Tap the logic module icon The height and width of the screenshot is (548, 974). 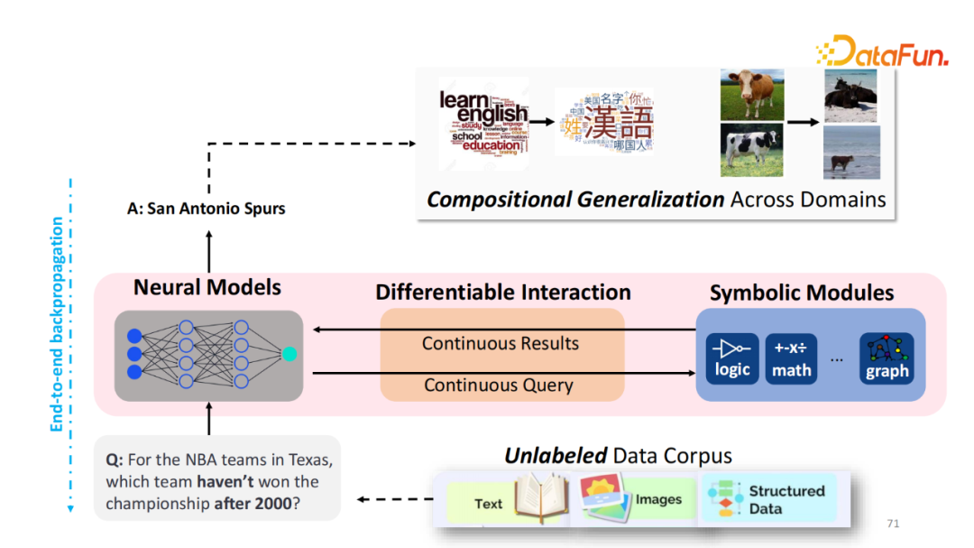732,358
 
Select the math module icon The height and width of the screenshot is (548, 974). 791,358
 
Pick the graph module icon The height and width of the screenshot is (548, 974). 887,358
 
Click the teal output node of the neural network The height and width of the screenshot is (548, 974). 289,355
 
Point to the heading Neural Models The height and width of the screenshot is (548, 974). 207,288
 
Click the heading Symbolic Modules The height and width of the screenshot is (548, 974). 802,293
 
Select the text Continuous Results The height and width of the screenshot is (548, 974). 501,343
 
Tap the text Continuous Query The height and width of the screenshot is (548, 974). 499,385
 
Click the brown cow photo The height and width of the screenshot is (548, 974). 752,94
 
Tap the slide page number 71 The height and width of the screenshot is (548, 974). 894,524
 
